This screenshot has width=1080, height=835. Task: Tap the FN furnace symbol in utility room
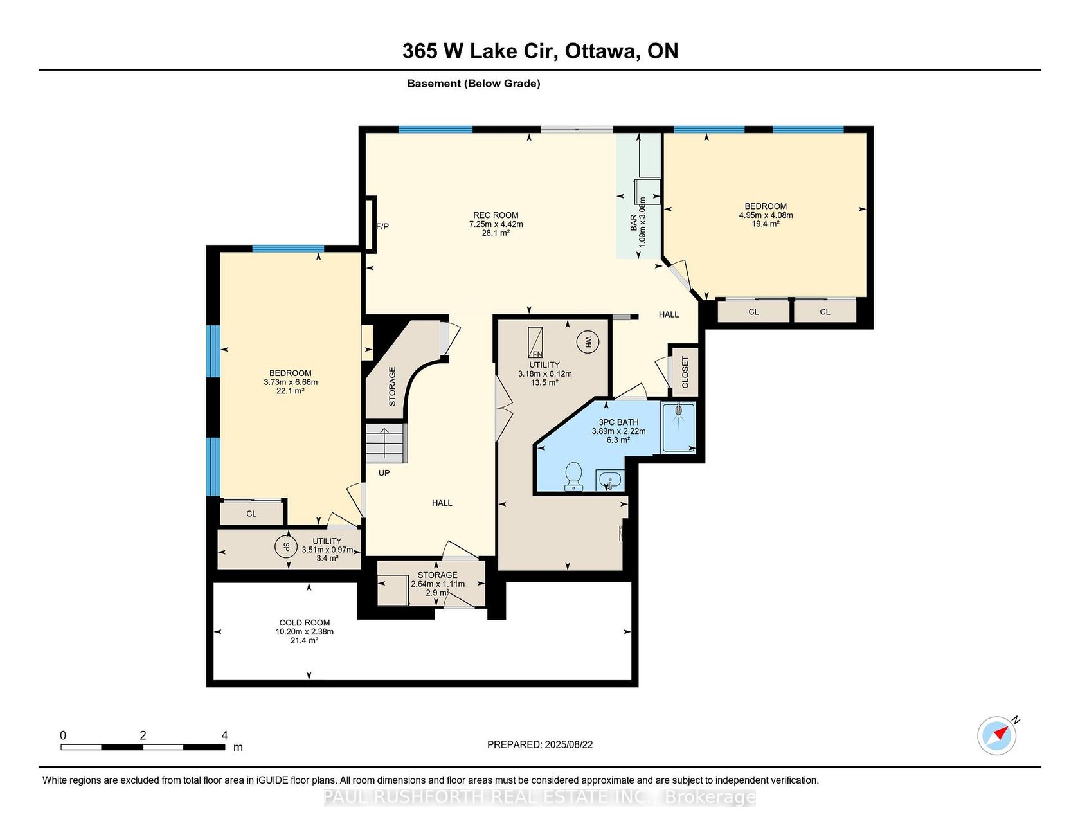point(535,343)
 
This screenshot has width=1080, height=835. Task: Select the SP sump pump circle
point(286,548)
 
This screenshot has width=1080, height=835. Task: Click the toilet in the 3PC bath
point(573,476)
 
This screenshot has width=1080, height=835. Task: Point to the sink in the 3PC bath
point(609,480)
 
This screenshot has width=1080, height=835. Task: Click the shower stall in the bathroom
point(678,427)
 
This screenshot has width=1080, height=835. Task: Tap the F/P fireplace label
point(382,226)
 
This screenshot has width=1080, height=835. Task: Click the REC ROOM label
point(496,215)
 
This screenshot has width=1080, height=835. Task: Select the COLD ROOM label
point(305,622)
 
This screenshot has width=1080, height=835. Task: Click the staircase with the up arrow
point(386,443)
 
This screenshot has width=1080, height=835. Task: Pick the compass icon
point(997,735)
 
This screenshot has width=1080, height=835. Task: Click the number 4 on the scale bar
point(224,735)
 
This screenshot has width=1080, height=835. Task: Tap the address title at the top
point(541,51)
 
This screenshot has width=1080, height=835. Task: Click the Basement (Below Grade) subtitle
point(474,84)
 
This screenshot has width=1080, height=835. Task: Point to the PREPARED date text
point(540,744)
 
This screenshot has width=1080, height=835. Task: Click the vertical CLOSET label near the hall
point(685,372)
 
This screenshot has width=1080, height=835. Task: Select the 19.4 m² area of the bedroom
point(766,224)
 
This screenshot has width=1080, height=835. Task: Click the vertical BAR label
point(634,222)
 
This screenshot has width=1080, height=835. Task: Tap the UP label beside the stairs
point(384,472)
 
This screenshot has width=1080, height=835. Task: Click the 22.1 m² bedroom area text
point(290,390)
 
